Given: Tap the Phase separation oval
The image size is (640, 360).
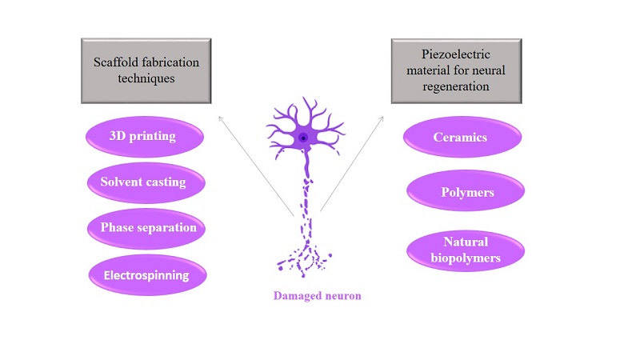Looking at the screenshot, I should pyautogui.click(x=148, y=228).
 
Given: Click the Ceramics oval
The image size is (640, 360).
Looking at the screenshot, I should pyautogui.click(x=460, y=138).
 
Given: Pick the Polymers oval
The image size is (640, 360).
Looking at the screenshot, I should pyautogui.click(x=466, y=193).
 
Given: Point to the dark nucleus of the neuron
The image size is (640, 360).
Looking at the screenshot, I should pyautogui.click(x=303, y=138).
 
